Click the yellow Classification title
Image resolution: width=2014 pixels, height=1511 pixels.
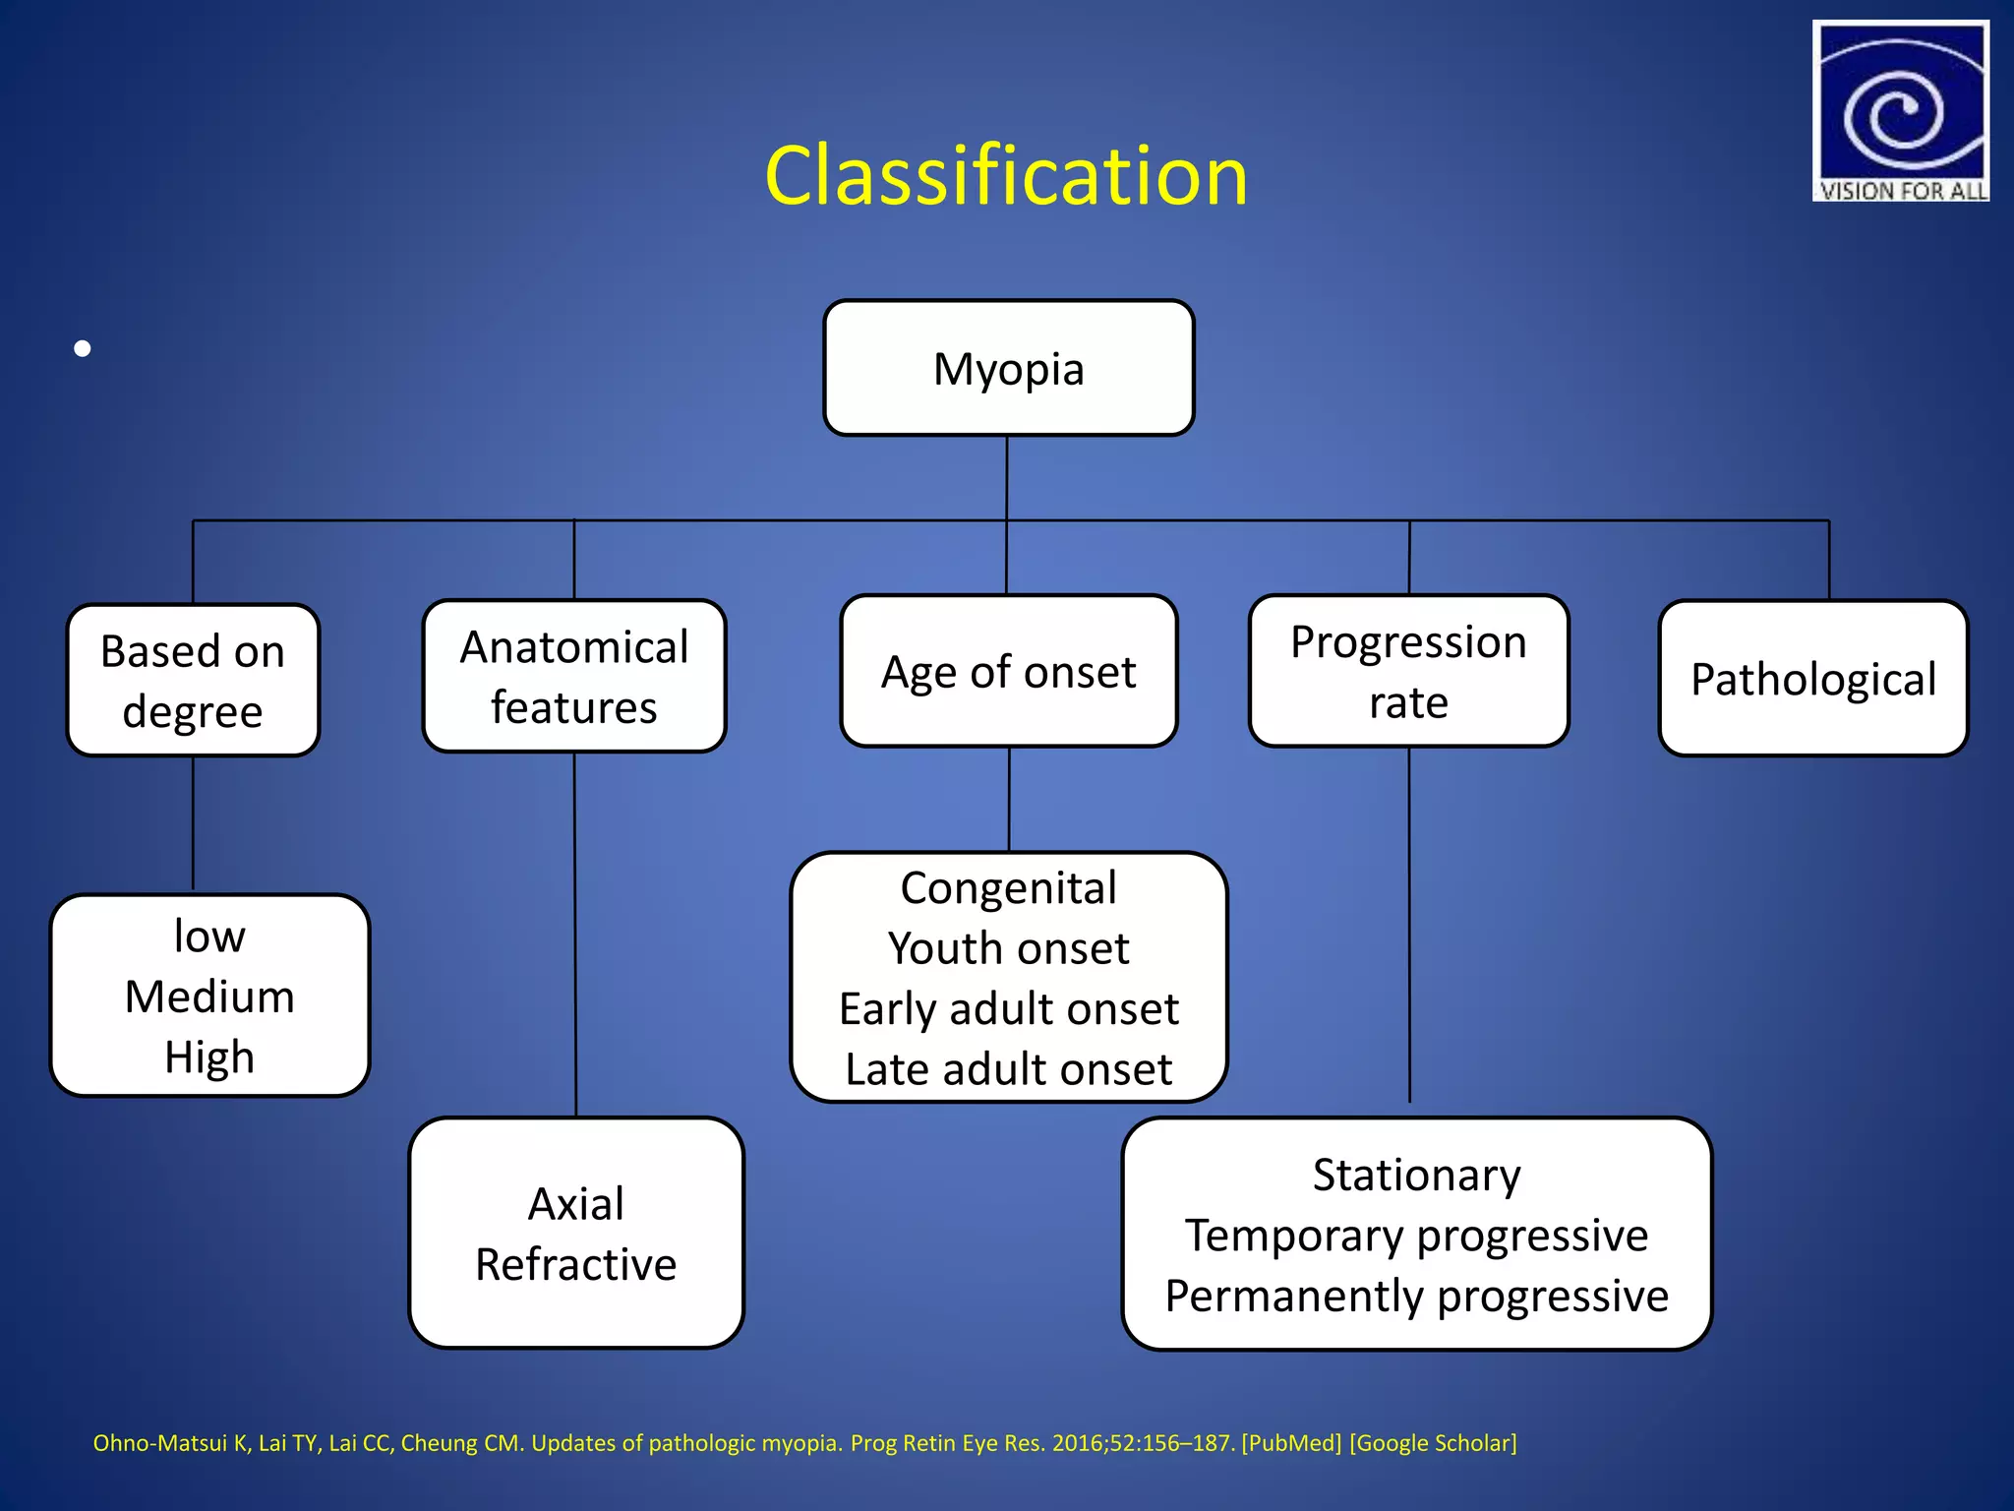tap(1006, 176)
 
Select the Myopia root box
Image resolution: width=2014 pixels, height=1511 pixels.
tap(1008, 369)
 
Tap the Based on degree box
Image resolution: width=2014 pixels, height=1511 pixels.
tap(193, 681)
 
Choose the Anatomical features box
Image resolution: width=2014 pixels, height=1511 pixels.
tap(574, 677)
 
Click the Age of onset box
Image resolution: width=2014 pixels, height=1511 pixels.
tap(1008, 672)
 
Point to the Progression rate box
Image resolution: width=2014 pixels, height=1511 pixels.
tap(1408, 672)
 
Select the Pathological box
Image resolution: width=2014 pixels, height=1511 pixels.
tap(1812, 679)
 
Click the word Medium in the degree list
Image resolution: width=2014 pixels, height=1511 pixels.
tap(209, 997)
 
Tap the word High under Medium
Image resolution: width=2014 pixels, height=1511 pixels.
tap(209, 1058)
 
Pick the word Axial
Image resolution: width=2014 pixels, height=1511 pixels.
tap(576, 1204)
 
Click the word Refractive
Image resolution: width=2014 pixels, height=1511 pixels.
tap(576, 1265)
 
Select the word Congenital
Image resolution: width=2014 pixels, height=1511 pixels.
tap(1008, 888)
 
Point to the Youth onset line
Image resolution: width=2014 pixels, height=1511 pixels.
tap(1008, 949)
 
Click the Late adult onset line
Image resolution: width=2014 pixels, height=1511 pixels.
tap(1008, 1069)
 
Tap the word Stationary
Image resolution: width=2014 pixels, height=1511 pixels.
tap(1416, 1176)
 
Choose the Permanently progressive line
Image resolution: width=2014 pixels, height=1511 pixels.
tap(1416, 1297)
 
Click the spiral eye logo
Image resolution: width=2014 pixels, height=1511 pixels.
tap(1900, 103)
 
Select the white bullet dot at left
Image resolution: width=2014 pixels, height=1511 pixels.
tap(83, 348)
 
